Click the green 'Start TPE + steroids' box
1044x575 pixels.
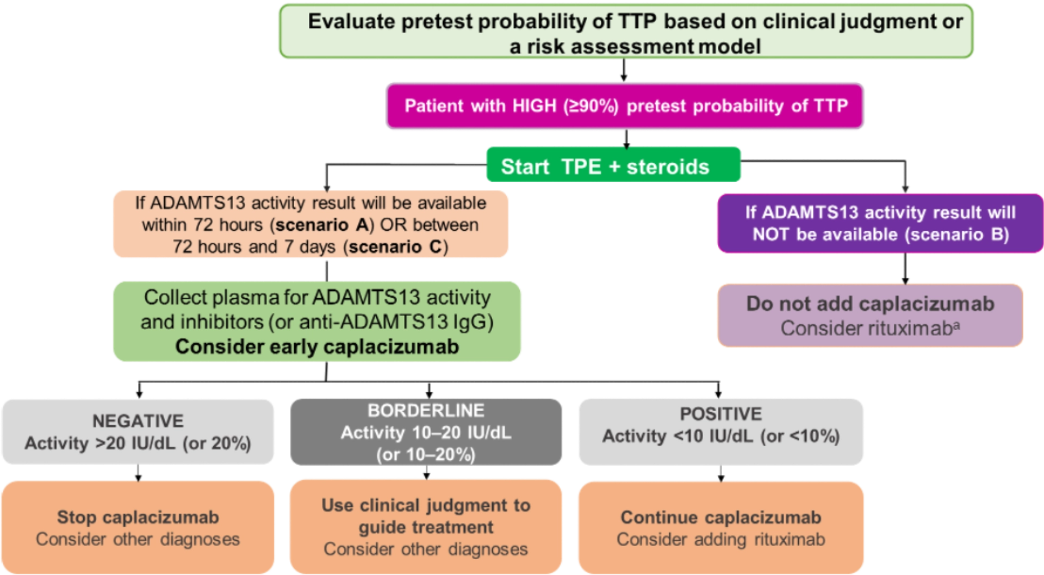[x=613, y=164]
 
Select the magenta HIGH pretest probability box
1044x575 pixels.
[x=625, y=106]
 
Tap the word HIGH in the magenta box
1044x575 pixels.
[x=535, y=106]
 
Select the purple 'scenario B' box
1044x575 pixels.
[x=880, y=223]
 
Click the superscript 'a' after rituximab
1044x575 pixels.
[x=956, y=325]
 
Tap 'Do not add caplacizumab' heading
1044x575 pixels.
[x=870, y=304]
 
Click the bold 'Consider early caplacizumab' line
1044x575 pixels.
[x=317, y=347]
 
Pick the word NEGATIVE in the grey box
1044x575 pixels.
[x=138, y=421]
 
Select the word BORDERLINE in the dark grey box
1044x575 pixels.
[x=426, y=410]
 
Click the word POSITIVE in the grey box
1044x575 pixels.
[x=721, y=414]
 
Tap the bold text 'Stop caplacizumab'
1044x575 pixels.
[x=138, y=517]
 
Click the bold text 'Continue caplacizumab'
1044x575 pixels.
[x=721, y=517]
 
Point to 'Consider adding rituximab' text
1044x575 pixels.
[x=721, y=539]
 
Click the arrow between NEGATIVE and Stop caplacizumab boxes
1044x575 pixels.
[x=138, y=473]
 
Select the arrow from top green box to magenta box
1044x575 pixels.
[x=624, y=70]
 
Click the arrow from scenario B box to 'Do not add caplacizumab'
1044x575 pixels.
[x=905, y=269]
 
